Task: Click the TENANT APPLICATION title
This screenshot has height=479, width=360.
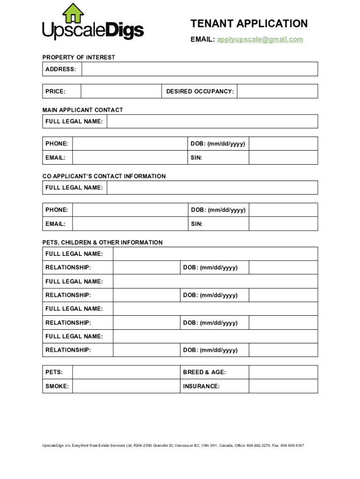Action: click(249, 24)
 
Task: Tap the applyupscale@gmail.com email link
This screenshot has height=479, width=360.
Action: click(260, 40)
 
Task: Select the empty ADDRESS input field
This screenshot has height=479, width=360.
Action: click(200, 69)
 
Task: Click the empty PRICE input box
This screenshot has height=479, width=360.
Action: click(121, 91)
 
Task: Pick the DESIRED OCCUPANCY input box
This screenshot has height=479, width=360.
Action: click(277, 91)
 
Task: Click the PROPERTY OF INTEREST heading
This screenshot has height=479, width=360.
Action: click(79, 58)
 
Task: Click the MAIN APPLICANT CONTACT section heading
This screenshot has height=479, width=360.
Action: click(83, 110)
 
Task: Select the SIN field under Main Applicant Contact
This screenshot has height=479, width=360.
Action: click(283, 158)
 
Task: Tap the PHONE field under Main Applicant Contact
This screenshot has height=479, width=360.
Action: click(130, 144)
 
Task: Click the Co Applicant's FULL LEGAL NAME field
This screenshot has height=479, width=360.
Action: click(212, 188)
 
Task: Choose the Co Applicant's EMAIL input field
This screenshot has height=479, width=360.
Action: click(130, 224)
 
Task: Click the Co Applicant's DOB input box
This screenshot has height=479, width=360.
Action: click(283, 210)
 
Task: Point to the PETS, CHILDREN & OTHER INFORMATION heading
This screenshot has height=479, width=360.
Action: click(102, 242)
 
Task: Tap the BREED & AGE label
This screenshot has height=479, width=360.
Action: click(204, 372)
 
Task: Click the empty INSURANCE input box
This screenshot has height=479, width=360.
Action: click(283, 386)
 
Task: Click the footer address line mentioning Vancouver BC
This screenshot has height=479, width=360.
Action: click(173, 446)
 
